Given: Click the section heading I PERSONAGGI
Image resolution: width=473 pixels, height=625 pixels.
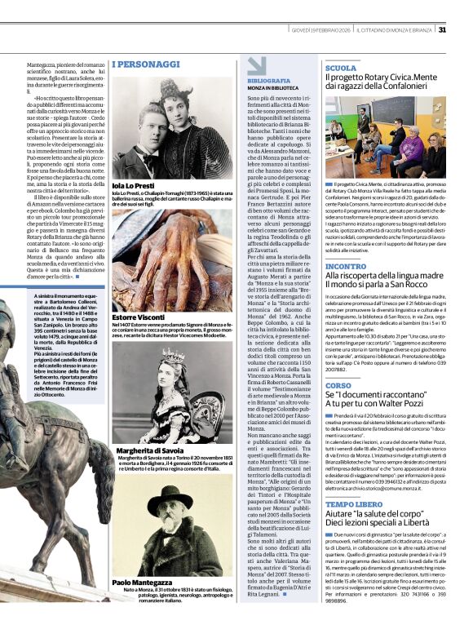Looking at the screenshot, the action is [x=146, y=64].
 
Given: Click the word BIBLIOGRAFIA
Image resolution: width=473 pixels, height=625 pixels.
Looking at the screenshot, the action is [x=268, y=81].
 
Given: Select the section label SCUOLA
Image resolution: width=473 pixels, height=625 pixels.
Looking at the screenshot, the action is [x=341, y=69].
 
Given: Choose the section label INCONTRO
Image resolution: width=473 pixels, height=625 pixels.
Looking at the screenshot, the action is [x=346, y=266].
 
